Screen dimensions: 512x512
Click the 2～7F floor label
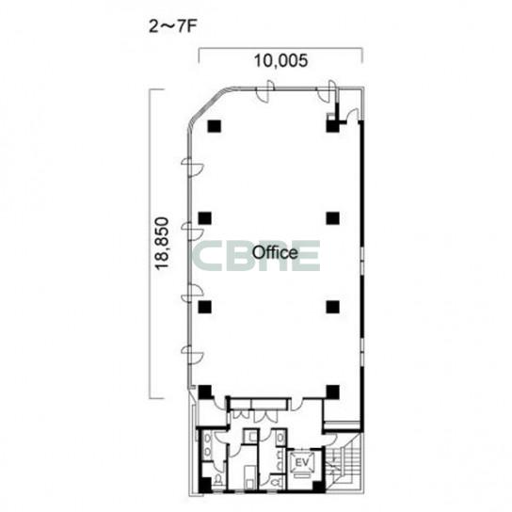(172, 26)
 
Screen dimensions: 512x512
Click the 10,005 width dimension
(280, 60)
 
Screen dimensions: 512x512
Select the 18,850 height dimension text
(162, 244)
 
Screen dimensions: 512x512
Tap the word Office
(275, 253)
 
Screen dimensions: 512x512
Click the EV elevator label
(302, 462)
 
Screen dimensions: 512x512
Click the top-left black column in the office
(215, 126)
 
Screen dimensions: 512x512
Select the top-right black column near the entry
(332, 126)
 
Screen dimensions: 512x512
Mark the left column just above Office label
(205, 218)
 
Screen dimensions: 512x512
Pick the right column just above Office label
(333, 218)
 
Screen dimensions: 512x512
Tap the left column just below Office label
(205, 307)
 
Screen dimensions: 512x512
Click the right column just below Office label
(333, 307)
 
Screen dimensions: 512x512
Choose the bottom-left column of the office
(205, 392)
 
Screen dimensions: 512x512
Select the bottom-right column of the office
(333, 392)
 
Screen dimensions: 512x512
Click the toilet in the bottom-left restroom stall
(218, 480)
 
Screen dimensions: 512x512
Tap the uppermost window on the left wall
(193, 168)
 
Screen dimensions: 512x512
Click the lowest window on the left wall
(193, 355)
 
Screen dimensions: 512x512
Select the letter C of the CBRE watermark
(208, 256)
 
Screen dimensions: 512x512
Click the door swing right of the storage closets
(297, 405)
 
